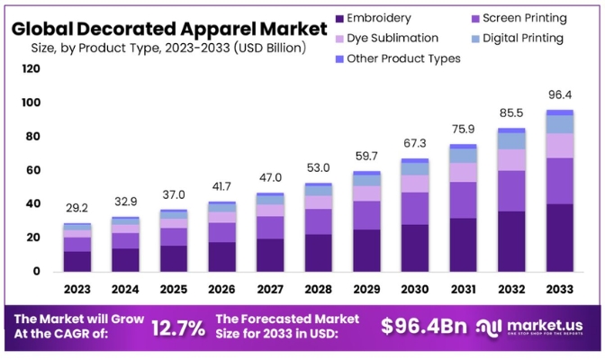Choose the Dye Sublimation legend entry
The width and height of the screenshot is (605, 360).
[x=393, y=38]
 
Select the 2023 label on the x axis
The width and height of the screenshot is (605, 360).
[x=77, y=289]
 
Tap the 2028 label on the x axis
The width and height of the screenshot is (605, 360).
[x=318, y=289]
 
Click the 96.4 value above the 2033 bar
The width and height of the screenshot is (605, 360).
[x=559, y=94]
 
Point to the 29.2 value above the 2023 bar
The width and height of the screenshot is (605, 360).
[x=77, y=208]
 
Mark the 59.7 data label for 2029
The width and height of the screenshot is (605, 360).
[x=366, y=157]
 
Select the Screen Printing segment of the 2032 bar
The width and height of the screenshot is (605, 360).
[x=511, y=191]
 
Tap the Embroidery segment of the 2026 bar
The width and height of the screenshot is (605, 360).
[x=221, y=256]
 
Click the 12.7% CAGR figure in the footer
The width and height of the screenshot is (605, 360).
[x=178, y=328]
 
